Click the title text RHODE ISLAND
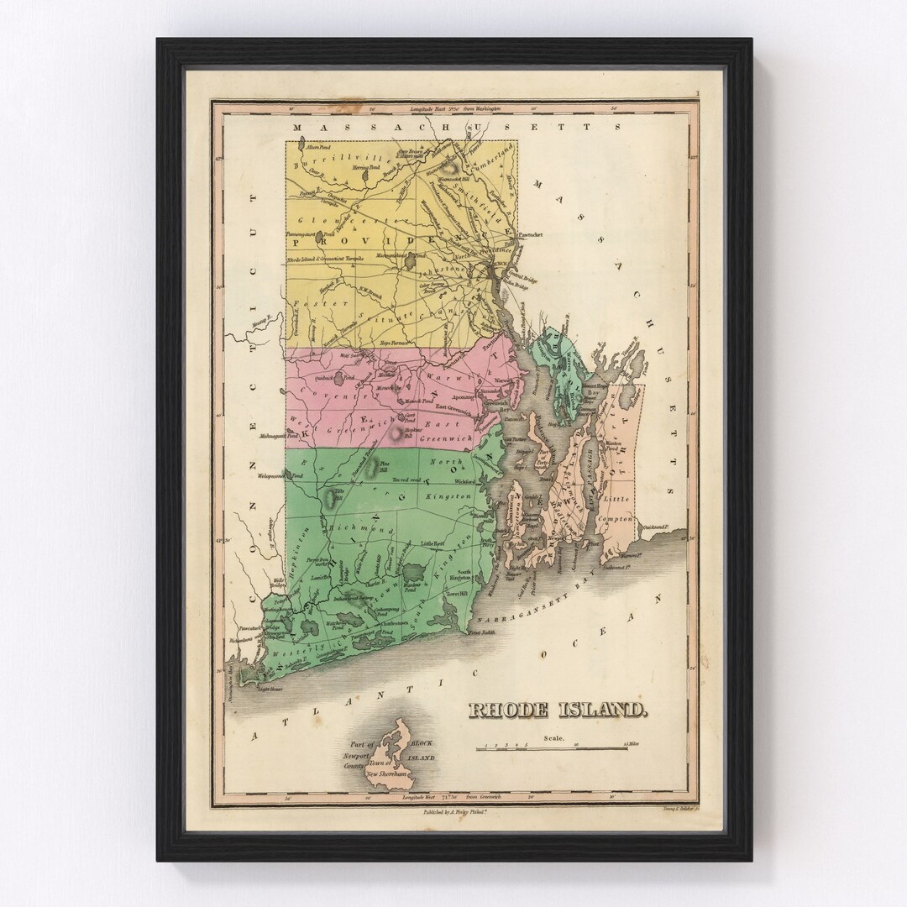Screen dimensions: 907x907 pos(557,710)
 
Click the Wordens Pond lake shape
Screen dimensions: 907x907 pos(414,574)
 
